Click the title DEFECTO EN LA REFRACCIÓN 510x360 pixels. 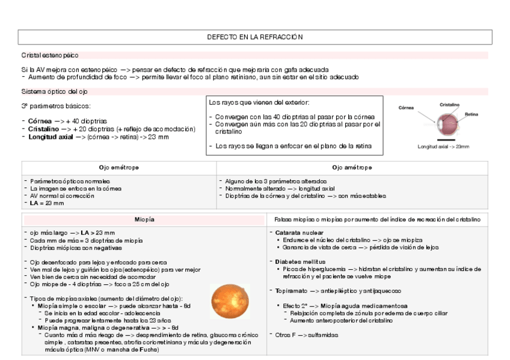click(254, 37)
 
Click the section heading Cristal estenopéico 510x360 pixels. click(50, 55)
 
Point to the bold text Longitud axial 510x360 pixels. click(50, 137)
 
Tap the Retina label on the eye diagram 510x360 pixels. click(471, 114)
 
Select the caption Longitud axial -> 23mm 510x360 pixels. click(443, 146)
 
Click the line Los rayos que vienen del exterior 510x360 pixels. click(259, 103)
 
